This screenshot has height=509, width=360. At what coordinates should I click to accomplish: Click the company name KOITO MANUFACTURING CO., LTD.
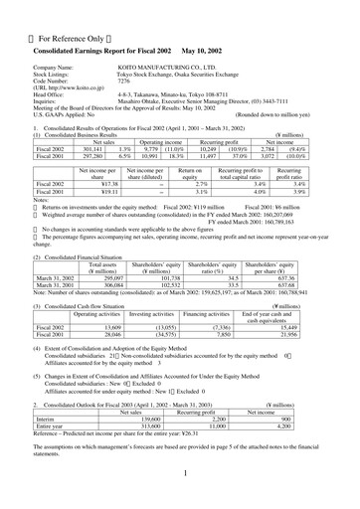(200, 69)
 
